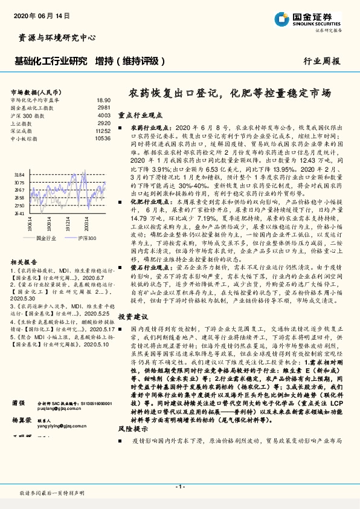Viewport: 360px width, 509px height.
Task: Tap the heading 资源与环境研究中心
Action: click(x=54, y=38)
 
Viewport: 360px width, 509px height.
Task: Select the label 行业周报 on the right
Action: click(x=321, y=61)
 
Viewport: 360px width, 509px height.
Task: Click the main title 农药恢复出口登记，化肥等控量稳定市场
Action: click(x=230, y=94)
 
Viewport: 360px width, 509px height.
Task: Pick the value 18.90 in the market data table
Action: click(x=103, y=100)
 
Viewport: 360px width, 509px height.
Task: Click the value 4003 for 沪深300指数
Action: click(x=104, y=115)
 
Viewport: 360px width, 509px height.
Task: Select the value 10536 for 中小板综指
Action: click(x=103, y=138)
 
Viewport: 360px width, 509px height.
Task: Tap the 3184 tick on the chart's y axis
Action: click(x=19, y=174)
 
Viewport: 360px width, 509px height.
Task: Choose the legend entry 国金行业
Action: click(x=46, y=238)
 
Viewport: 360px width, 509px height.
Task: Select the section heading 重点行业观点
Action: click(x=140, y=114)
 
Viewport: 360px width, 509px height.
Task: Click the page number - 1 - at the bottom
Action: click(x=179, y=487)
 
